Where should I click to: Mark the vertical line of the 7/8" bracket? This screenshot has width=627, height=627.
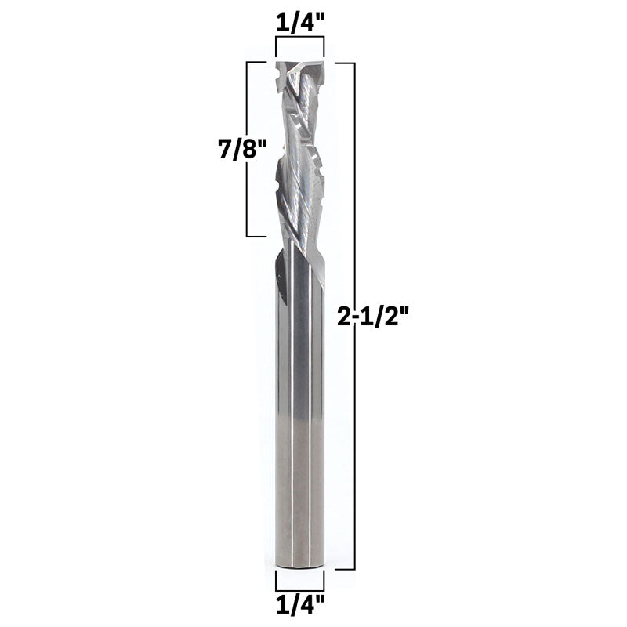[x=248, y=149]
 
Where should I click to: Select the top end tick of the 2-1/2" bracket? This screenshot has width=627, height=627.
[x=346, y=62]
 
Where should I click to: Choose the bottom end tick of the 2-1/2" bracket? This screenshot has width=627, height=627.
[x=346, y=567]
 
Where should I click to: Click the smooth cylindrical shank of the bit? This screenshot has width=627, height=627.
[x=299, y=408]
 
